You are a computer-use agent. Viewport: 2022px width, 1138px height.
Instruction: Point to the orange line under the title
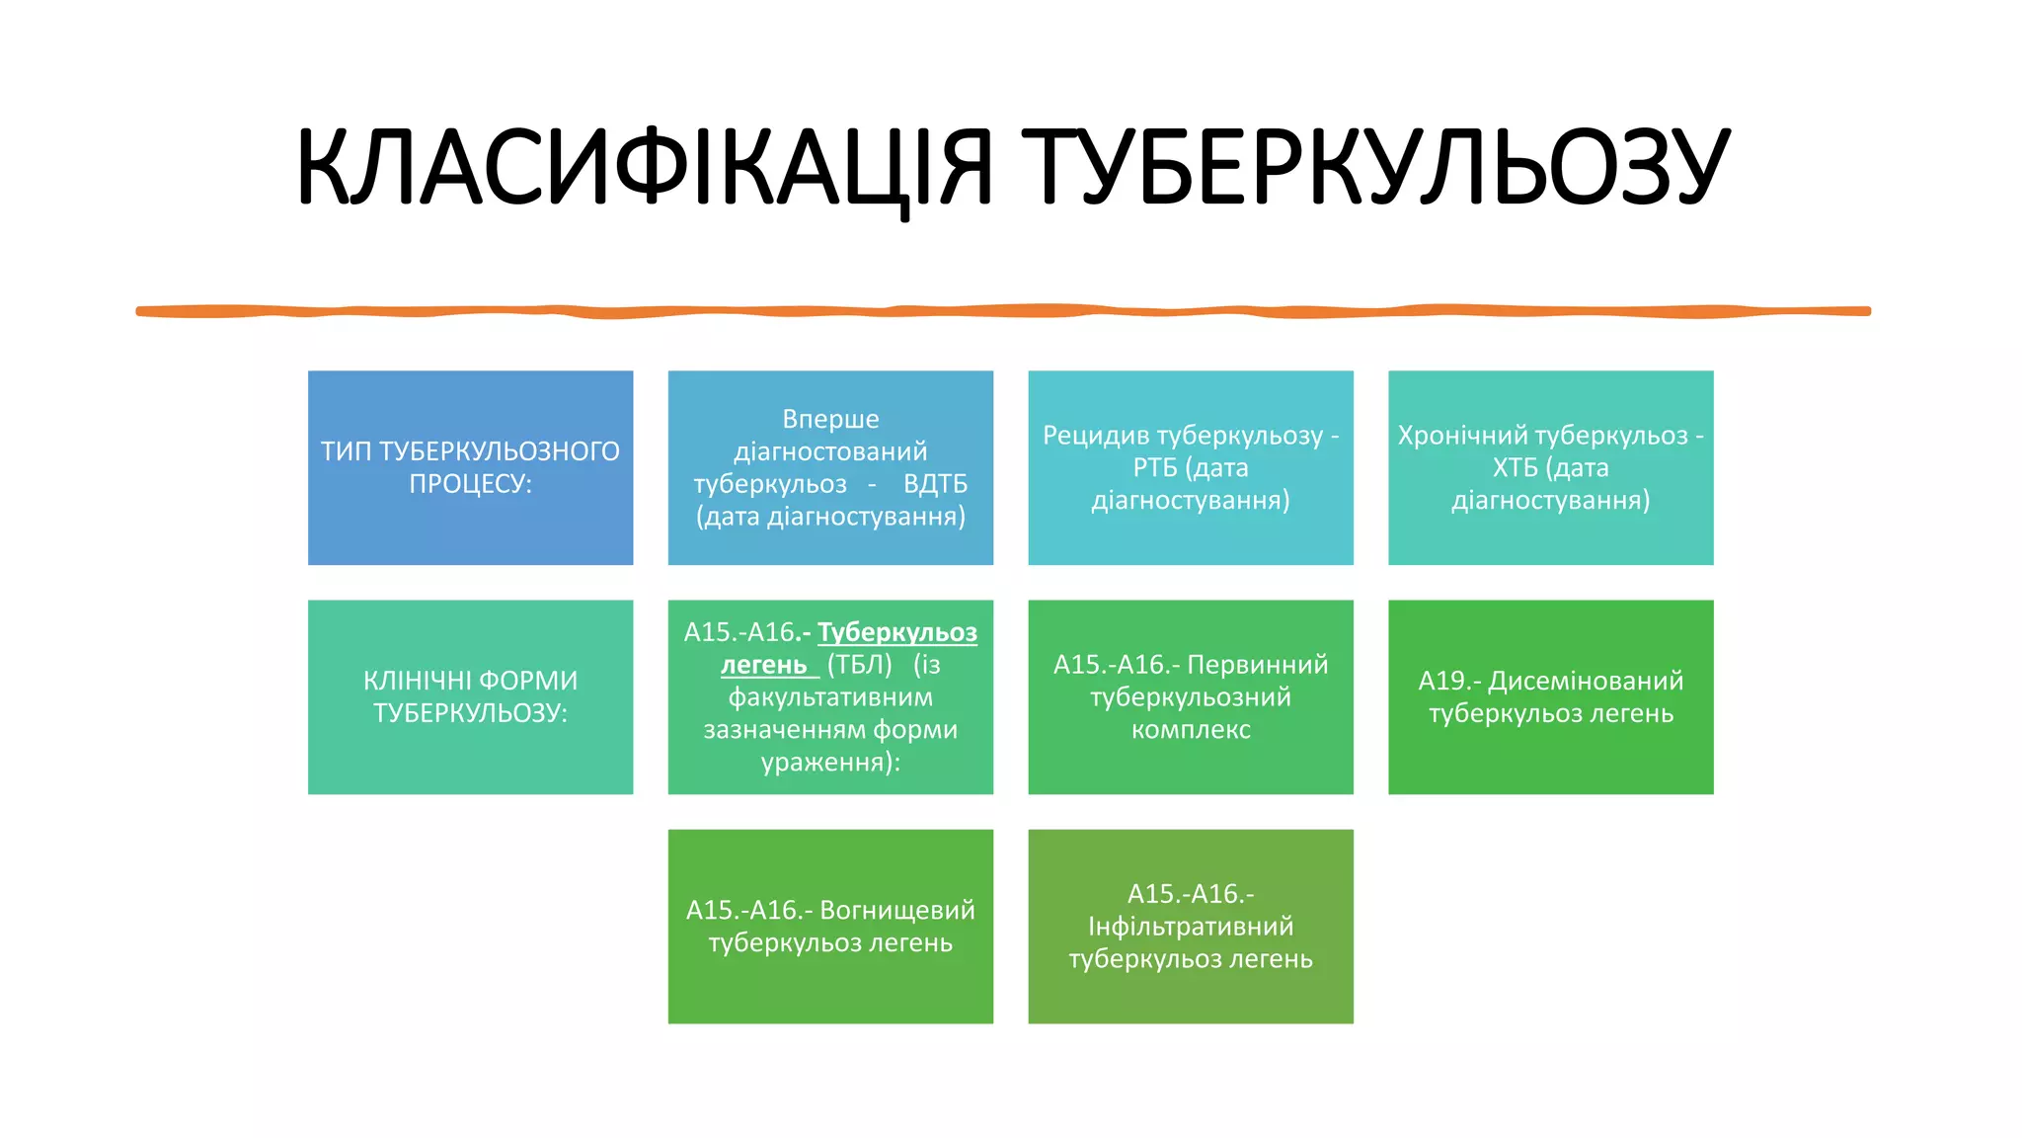coord(1003,311)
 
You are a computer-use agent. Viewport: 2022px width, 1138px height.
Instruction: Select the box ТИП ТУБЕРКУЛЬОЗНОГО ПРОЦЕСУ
coord(470,467)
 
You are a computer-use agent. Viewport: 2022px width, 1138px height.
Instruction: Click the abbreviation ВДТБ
coord(935,484)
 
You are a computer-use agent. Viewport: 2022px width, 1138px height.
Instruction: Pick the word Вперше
coord(830,419)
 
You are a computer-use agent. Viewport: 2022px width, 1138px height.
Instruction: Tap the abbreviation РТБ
coord(1155,467)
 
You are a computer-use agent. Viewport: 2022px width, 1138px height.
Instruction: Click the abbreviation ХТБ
coord(1515,467)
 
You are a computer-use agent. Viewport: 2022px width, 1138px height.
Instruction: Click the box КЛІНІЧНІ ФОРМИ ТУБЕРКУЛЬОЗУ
coord(470,696)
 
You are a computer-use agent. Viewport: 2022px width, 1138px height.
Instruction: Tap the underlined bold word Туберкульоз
coord(897,632)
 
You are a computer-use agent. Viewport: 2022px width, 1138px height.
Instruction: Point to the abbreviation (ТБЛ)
coord(859,665)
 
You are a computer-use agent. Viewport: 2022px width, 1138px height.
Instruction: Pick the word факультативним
coord(830,697)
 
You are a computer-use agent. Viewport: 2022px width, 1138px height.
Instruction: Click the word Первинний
coord(1257,665)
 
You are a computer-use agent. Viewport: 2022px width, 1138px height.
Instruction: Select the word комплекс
coord(1191,730)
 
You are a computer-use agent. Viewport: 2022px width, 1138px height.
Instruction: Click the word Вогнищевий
coord(897,910)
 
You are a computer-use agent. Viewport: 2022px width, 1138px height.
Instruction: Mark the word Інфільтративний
coord(1191,927)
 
